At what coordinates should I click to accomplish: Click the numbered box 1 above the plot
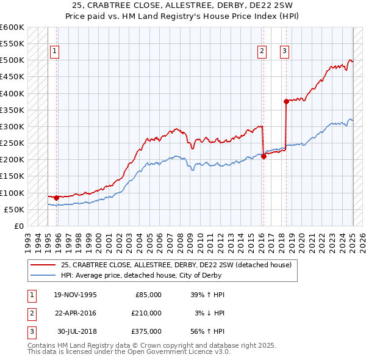point(55,52)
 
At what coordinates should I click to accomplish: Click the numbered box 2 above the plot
point(262,52)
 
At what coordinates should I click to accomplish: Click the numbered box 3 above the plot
point(285,52)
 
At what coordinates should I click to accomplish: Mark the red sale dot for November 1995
point(56,198)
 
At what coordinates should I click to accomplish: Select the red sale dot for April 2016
point(264,156)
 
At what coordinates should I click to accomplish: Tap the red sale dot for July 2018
point(286,102)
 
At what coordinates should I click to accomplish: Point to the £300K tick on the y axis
point(13,127)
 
